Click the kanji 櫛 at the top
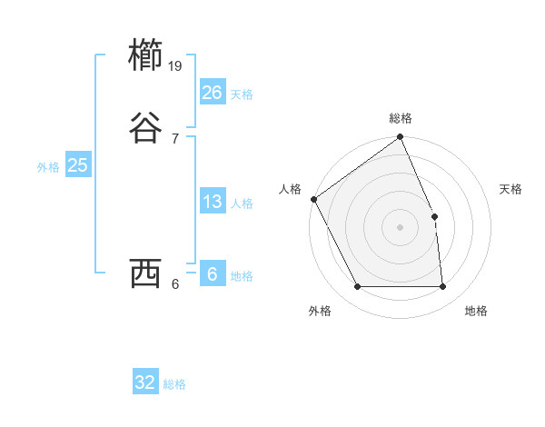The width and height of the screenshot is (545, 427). click(146, 55)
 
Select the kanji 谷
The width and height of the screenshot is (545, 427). click(146, 128)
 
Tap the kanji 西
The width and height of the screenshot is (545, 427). click(146, 273)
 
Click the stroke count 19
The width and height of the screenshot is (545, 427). click(176, 65)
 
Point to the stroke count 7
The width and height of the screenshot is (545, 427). click(175, 138)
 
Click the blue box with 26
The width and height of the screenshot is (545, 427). click(212, 93)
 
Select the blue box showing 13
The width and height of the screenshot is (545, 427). click(212, 202)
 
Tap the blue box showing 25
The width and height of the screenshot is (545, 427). click(77, 165)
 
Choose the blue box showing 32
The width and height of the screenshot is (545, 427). click(145, 382)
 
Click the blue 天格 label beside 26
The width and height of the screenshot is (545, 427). click(242, 94)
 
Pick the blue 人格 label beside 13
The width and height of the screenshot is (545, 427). click(242, 204)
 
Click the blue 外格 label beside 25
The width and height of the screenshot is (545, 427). click(48, 167)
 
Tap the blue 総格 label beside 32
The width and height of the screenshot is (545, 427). click(174, 384)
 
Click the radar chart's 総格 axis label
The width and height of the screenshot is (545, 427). click(401, 118)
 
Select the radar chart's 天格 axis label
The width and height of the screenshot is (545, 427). click(511, 189)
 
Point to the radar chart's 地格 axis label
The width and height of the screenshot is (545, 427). click(476, 311)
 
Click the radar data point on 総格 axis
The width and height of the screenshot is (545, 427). click(401, 138)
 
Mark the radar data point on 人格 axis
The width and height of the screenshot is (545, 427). click(313, 199)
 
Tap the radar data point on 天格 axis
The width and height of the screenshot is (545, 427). click(434, 216)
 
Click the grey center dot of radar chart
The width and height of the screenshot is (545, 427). click(401, 227)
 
